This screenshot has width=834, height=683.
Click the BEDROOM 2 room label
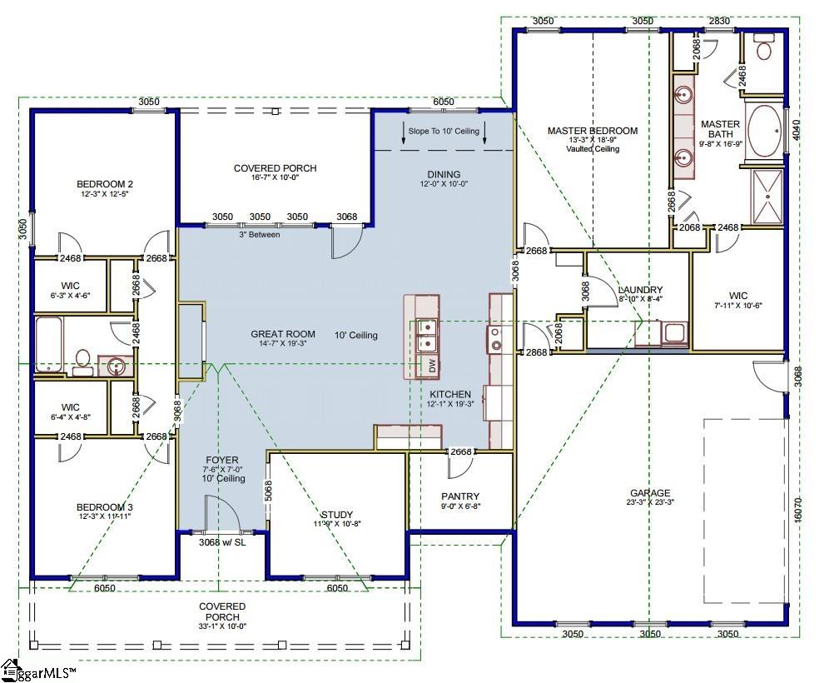(105, 184)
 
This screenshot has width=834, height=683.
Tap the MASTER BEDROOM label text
(592, 131)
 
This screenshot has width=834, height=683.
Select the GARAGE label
(649, 493)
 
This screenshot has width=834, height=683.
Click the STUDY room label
(336, 515)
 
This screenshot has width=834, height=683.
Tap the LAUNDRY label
(640, 291)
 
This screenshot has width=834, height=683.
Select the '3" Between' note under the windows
(260, 234)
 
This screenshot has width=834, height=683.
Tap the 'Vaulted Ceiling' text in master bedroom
(592, 149)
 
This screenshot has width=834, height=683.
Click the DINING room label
(444, 174)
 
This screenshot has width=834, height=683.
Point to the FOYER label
(222, 460)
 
